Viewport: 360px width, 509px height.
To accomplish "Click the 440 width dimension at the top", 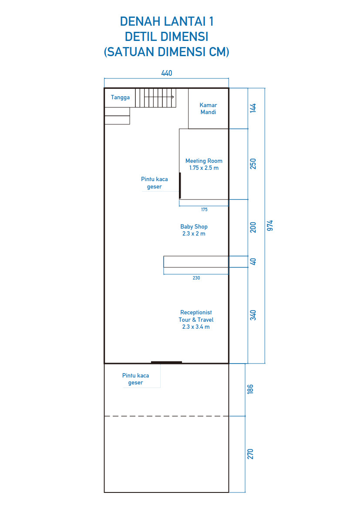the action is point(167,73).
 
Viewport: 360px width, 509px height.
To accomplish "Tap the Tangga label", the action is point(120,98).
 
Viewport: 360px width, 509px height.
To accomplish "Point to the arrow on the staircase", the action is point(159,97).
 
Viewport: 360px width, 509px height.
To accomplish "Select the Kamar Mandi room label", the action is point(208,108).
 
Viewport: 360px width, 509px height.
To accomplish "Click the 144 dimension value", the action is point(253,108).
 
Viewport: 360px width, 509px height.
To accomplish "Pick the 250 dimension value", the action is point(253,164).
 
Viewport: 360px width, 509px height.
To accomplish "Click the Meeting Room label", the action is point(204,164).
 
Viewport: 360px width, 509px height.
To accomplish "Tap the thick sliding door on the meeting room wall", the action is point(180,185).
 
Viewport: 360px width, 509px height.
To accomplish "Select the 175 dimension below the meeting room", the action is point(204,210).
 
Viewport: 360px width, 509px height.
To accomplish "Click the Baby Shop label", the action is point(194,230).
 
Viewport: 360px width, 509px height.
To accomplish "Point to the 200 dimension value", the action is point(253,228).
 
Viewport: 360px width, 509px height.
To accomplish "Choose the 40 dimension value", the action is point(253,262).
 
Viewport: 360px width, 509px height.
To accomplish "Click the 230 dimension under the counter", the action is point(196,278).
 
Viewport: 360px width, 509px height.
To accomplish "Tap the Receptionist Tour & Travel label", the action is point(196,320).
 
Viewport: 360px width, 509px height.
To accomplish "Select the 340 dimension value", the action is point(253,315).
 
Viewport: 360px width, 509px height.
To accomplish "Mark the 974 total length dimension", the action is point(270,226).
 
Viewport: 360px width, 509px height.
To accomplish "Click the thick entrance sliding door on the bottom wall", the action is point(167,362).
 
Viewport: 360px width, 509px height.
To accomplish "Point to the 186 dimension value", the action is point(250,389).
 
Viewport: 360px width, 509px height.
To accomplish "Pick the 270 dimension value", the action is point(250,454).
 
